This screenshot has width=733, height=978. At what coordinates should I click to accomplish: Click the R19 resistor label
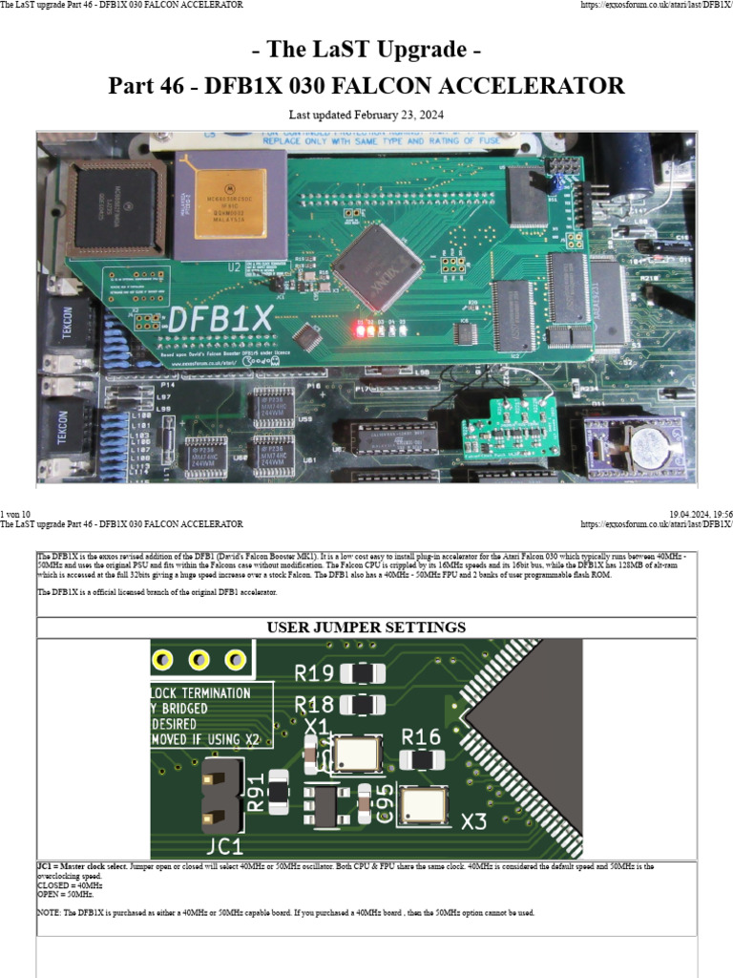pyautogui.click(x=314, y=673)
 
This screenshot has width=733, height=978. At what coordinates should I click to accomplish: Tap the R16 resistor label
pyautogui.click(x=421, y=736)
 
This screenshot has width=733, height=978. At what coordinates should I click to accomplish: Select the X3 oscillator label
pyautogui.click(x=474, y=821)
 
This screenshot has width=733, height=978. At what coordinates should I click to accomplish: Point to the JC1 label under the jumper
pyautogui.click(x=225, y=846)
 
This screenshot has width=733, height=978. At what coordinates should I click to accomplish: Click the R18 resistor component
pyautogui.click(x=362, y=705)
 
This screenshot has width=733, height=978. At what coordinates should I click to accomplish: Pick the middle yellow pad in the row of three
pyautogui.click(x=199, y=659)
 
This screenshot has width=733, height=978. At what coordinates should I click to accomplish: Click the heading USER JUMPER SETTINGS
pyautogui.click(x=366, y=627)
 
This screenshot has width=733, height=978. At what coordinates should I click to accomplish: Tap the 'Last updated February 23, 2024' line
pyautogui.click(x=366, y=116)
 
